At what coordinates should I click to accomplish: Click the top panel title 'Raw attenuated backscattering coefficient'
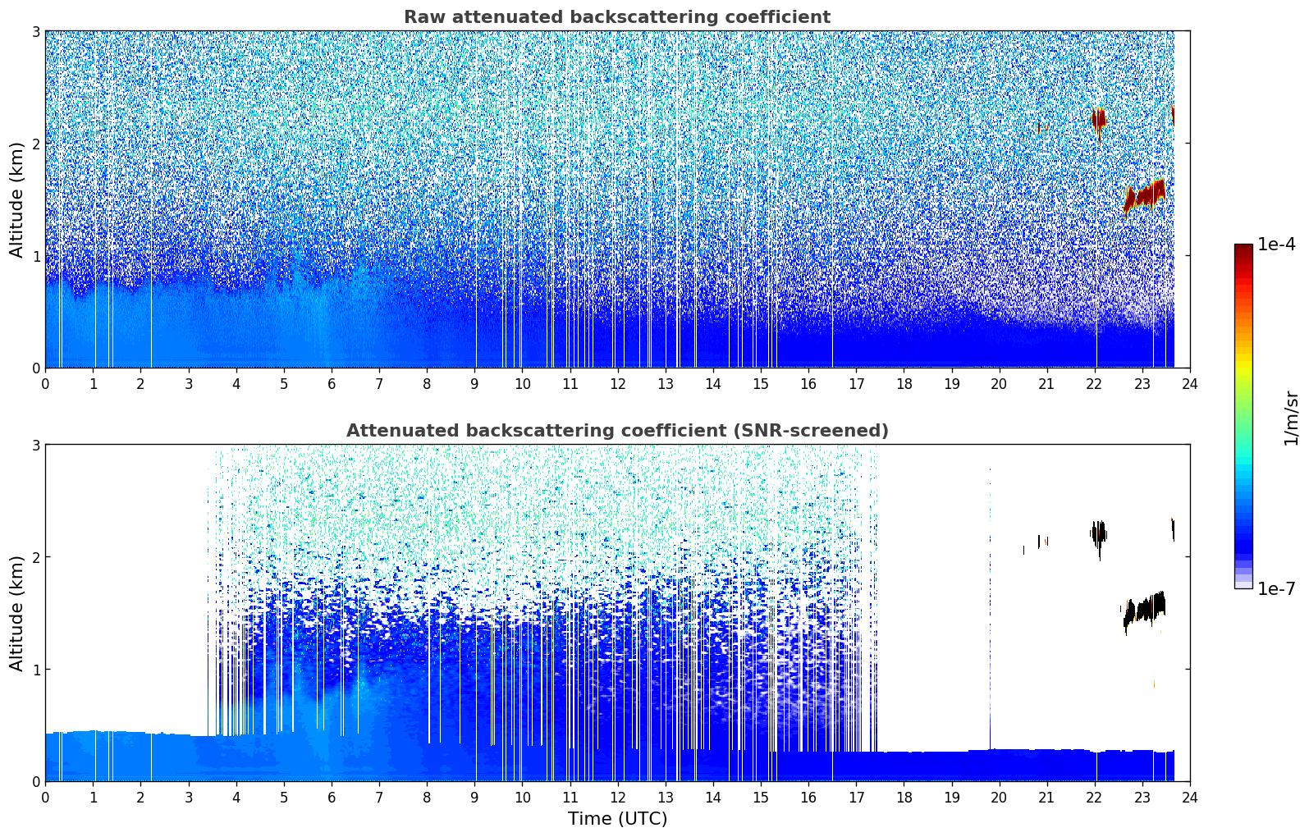pos(616,17)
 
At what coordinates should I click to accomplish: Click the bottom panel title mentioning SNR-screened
pos(616,431)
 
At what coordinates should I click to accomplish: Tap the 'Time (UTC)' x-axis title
pos(617,819)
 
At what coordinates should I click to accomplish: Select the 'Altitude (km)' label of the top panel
pos(16,199)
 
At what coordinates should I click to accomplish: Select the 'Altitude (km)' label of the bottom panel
pos(16,613)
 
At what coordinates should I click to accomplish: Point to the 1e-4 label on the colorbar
pos(1276,245)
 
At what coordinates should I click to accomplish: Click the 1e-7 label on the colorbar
pos(1276,588)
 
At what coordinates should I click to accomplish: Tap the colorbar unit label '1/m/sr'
pos(1291,418)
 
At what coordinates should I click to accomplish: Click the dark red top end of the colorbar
pos(1243,248)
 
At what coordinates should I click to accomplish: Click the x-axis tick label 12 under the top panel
pos(617,383)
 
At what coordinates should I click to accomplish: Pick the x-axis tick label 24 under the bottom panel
pos(1189,797)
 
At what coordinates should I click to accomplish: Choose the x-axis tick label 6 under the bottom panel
pos(332,797)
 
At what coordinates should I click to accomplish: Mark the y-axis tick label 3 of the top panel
pos(35,31)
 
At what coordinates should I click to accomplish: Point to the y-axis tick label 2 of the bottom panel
pos(35,557)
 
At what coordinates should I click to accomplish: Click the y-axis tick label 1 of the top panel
pos(35,256)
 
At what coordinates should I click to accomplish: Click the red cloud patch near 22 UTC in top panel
pos(1098,120)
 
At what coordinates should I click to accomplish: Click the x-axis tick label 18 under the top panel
pos(904,383)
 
